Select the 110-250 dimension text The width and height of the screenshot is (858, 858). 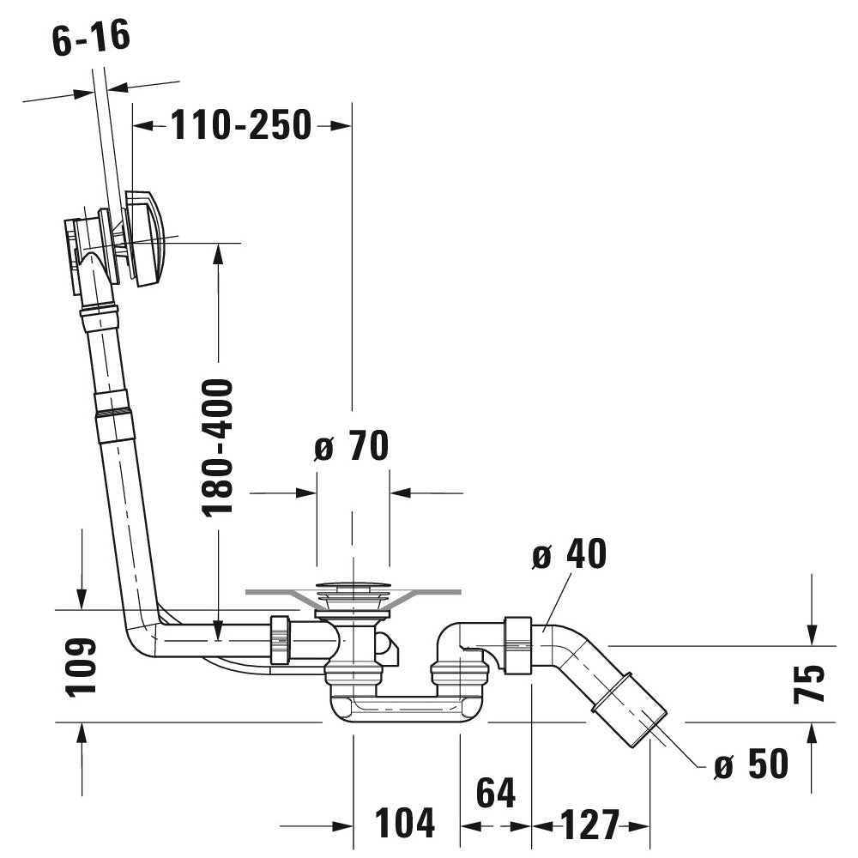click(x=241, y=125)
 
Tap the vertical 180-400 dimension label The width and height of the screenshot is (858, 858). click(x=218, y=447)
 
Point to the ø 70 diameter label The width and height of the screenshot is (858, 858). click(x=351, y=446)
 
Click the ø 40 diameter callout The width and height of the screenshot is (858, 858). click(x=569, y=554)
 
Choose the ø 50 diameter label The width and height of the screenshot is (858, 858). click(x=751, y=764)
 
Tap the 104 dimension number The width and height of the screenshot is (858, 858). click(x=405, y=824)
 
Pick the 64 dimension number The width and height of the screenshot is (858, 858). click(x=496, y=794)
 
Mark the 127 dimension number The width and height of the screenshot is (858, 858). click(x=590, y=825)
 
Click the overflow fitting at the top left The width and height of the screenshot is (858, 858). click(x=116, y=236)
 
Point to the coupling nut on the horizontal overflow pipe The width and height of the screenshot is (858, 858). click(x=280, y=639)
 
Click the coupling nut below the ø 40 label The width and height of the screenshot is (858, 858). click(x=518, y=644)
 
